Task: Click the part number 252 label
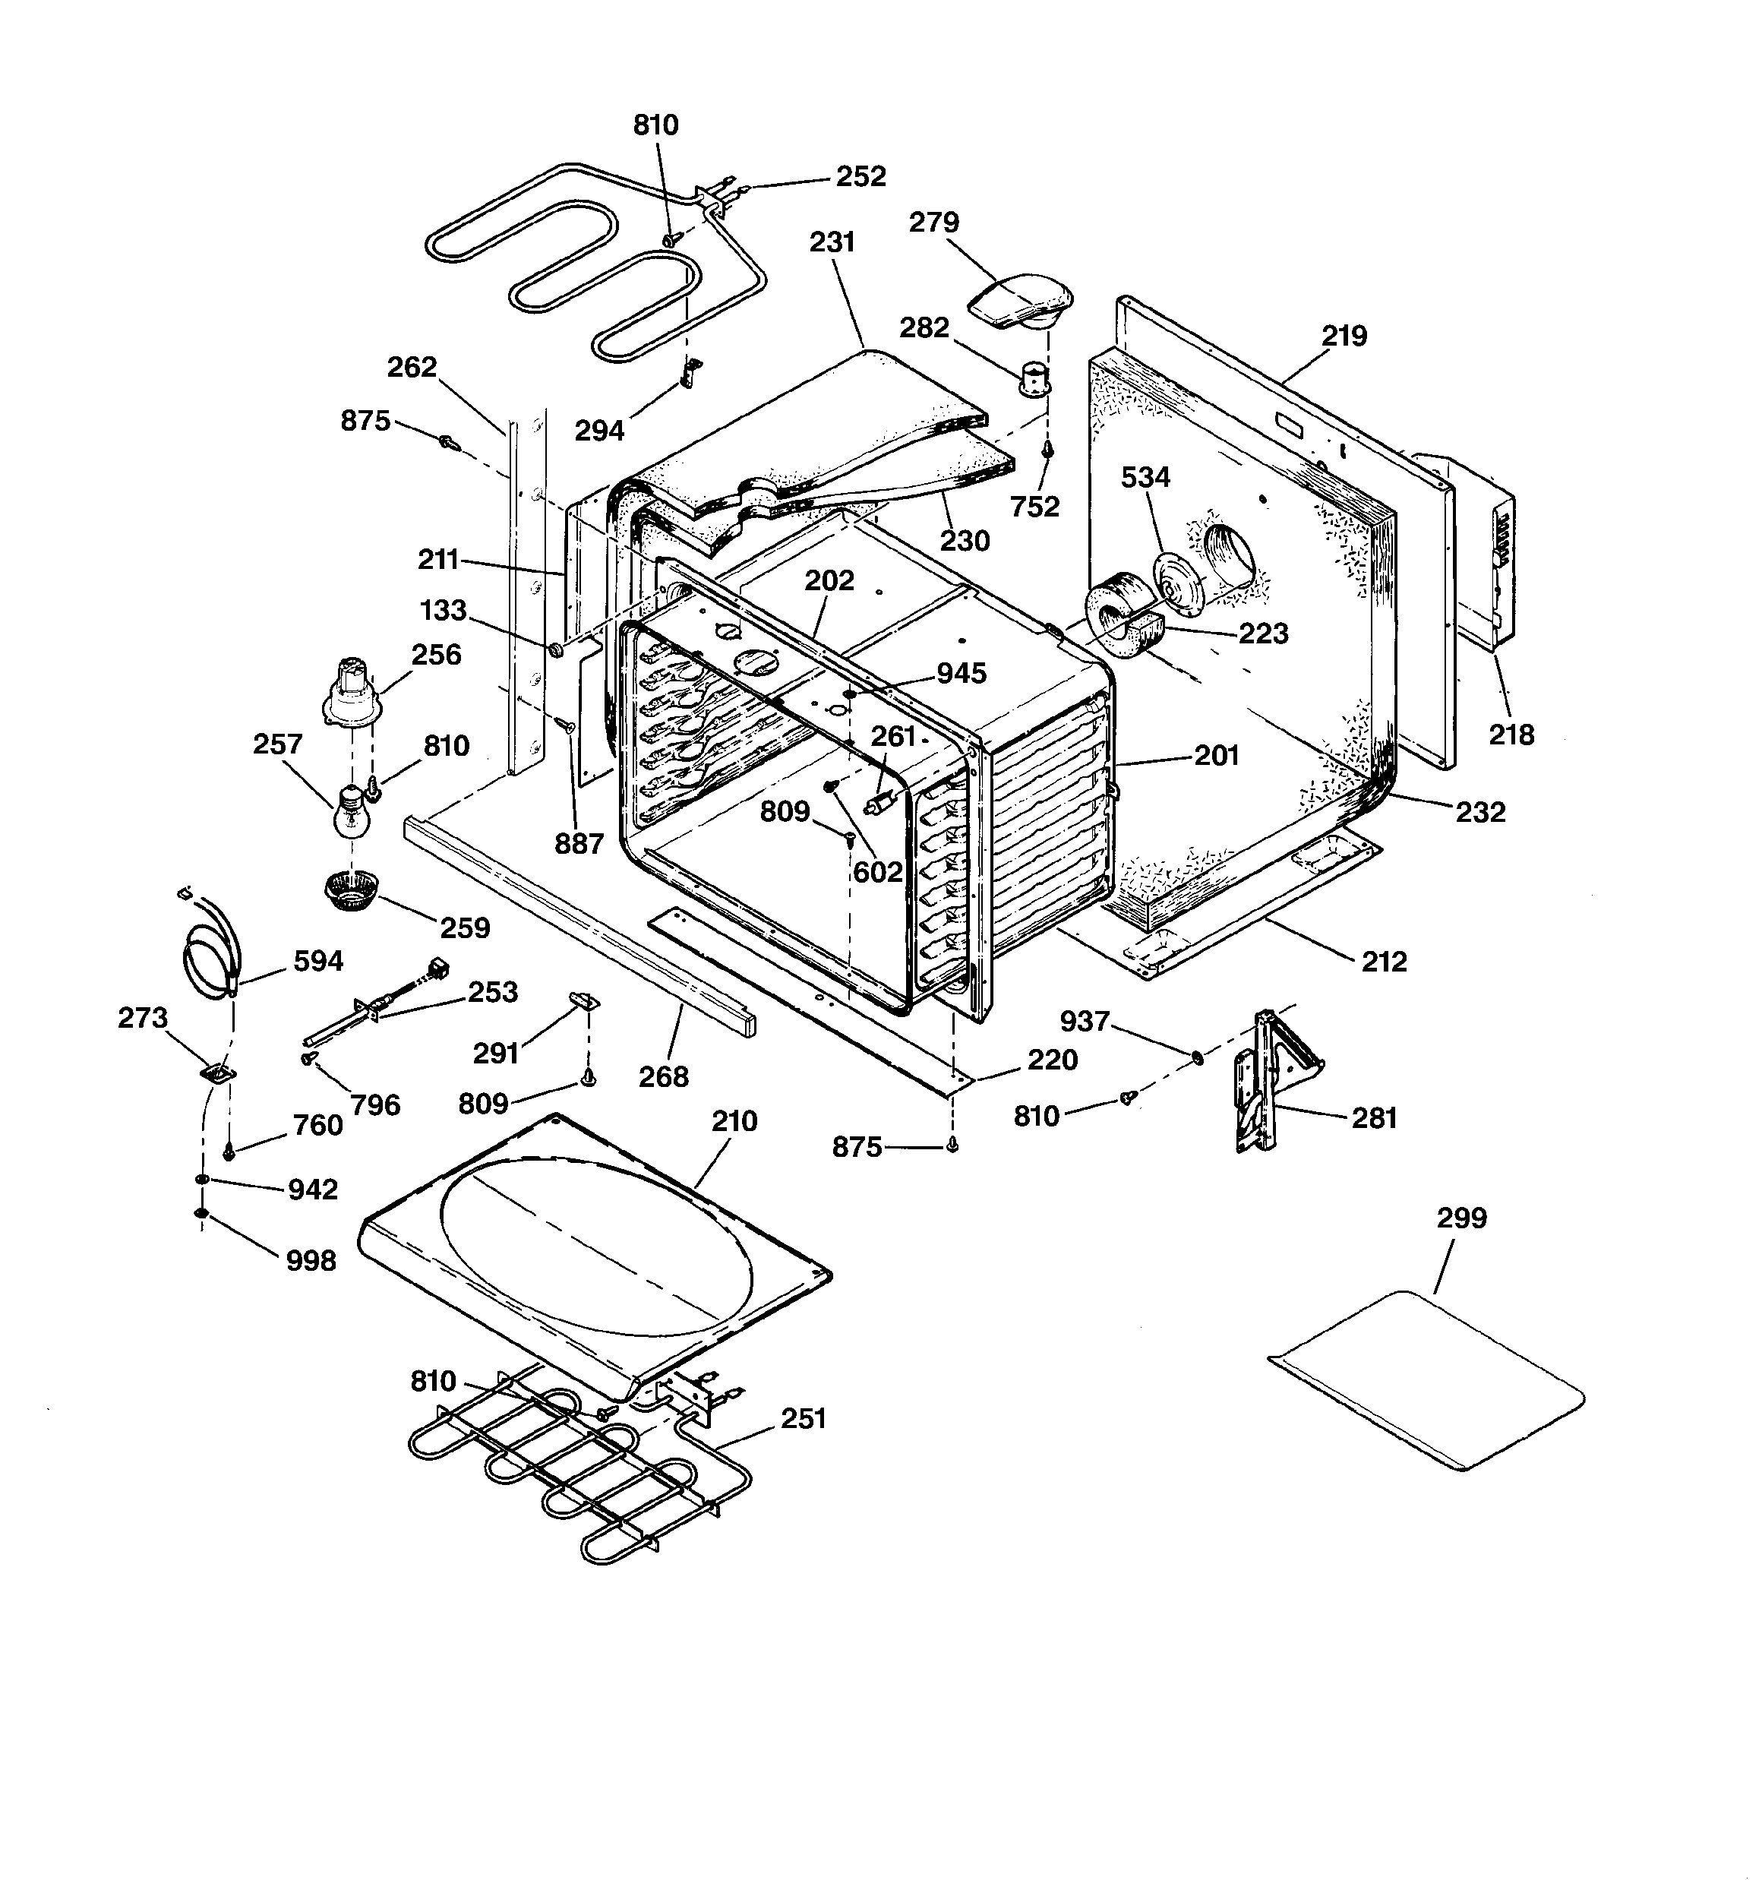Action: pos(860,177)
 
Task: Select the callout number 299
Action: pos(1461,1217)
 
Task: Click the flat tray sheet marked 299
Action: pos(1426,1381)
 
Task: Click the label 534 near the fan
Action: pos(1145,478)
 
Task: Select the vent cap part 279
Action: pos(1022,301)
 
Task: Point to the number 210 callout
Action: pos(734,1122)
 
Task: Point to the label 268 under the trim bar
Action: pos(663,1076)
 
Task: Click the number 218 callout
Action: pos(1511,734)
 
